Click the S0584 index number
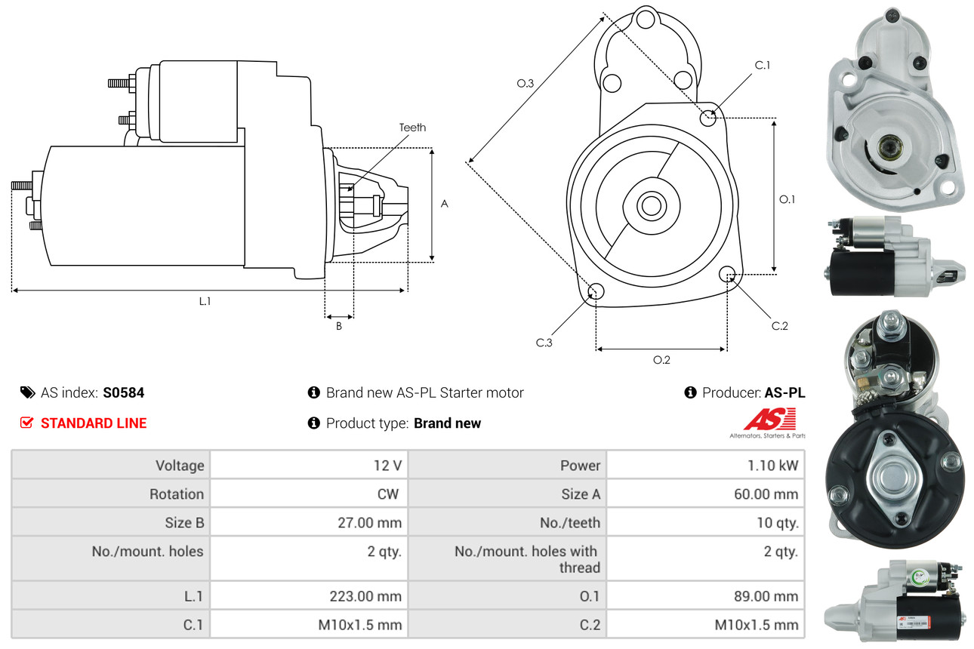click(x=124, y=392)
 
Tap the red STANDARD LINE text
click(x=94, y=423)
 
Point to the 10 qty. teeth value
click(x=777, y=522)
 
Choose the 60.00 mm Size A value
click(x=766, y=494)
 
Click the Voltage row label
click(x=180, y=466)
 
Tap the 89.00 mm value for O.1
click(x=766, y=596)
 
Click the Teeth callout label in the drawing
click(x=412, y=128)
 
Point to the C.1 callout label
click(x=763, y=66)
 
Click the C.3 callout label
click(x=544, y=343)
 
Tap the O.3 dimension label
click(x=526, y=84)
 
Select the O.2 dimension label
click(x=661, y=360)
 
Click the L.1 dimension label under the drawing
click(x=205, y=301)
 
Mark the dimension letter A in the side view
click(x=445, y=204)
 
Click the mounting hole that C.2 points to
click(x=727, y=273)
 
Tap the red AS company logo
click(x=769, y=420)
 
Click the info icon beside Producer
click(x=690, y=392)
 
